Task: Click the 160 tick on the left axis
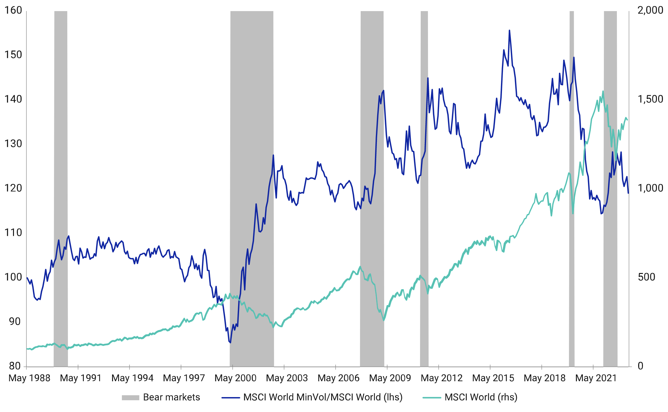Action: click(13, 10)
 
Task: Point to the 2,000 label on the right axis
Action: click(650, 10)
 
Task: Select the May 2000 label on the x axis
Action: click(235, 378)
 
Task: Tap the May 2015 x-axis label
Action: click(493, 378)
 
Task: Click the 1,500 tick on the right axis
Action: click(650, 99)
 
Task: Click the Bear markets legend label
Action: click(171, 397)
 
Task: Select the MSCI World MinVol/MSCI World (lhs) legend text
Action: click(323, 397)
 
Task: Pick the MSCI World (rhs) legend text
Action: click(481, 397)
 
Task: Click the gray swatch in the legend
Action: click(130, 398)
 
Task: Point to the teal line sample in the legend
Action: click(432, 398)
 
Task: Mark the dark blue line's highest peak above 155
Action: click(509, 31)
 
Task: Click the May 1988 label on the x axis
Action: click(29, 378)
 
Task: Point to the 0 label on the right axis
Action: click(640, 366)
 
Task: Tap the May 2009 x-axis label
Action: click(390, 378)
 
